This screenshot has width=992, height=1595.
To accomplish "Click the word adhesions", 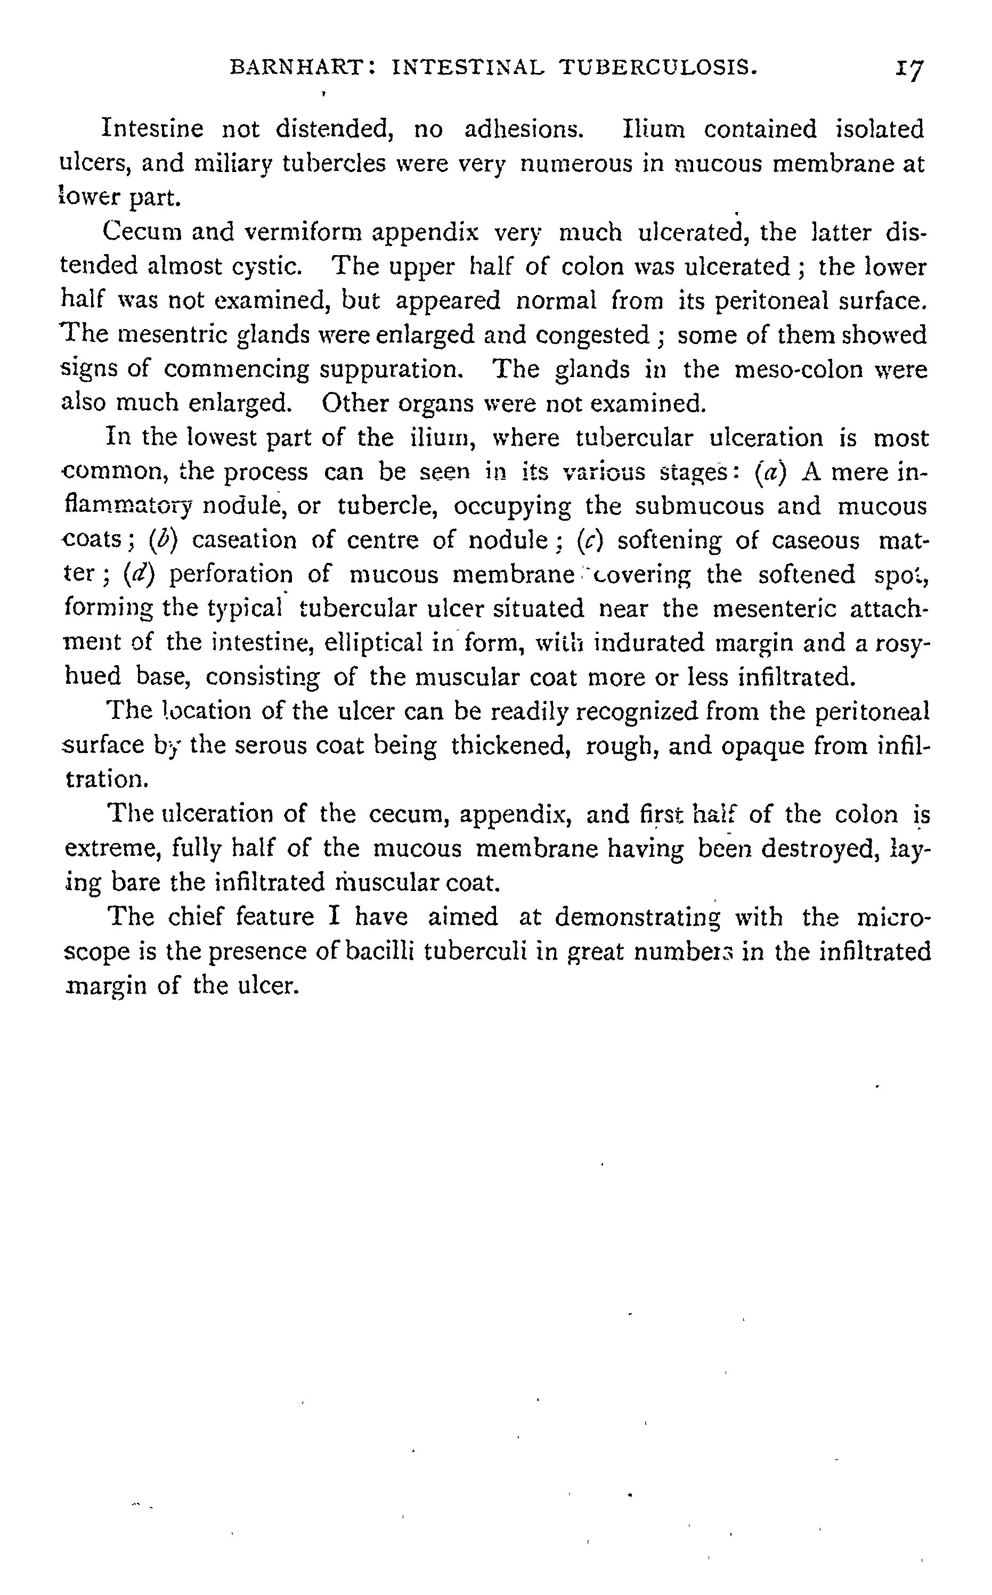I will click(x=524, y=129).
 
